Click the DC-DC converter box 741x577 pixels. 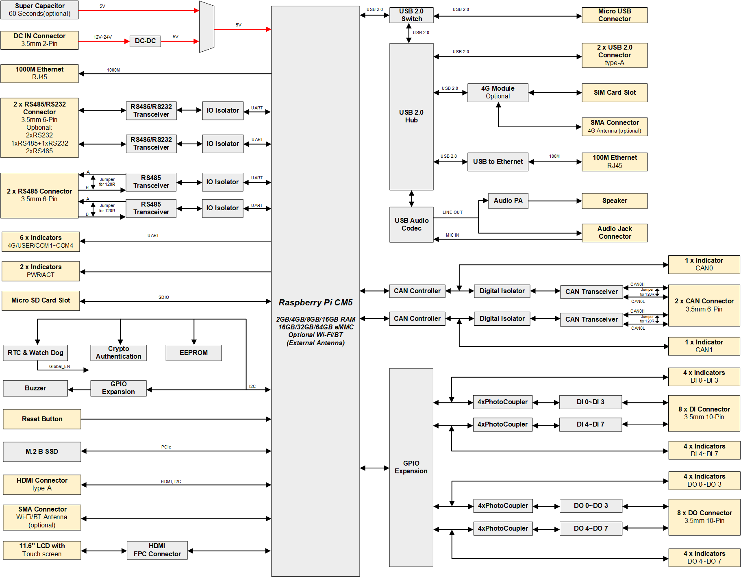[x=145, y=41]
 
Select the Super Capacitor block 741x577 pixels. [x=39, y=10]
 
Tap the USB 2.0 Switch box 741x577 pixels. [x=411, y=15]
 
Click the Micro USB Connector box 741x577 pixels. [x=614, y=15]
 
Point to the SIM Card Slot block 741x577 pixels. [x=614, y=93]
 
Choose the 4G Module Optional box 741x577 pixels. [x=498, y=93]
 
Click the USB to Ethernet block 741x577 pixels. [x=498, y=162]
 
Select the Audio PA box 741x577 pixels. [x=508, y=201]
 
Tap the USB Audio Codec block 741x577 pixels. [x=411, y=224]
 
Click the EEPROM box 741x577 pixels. [x=193, y=353]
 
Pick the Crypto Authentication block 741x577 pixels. [x=118, y=353]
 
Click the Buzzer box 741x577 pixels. [x=35, y=388]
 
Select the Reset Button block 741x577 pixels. [x=42, y=419]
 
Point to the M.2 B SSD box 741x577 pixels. [x=42, y=452]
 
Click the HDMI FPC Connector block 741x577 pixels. [x=157, y=550]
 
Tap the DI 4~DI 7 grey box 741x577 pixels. [x=590, y=425]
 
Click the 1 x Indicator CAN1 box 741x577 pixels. [x=704, y=346]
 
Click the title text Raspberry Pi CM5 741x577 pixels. [x=315, y=303]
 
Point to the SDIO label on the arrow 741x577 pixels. [x=164, y=297]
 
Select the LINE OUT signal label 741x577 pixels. [x=452, y=212]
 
